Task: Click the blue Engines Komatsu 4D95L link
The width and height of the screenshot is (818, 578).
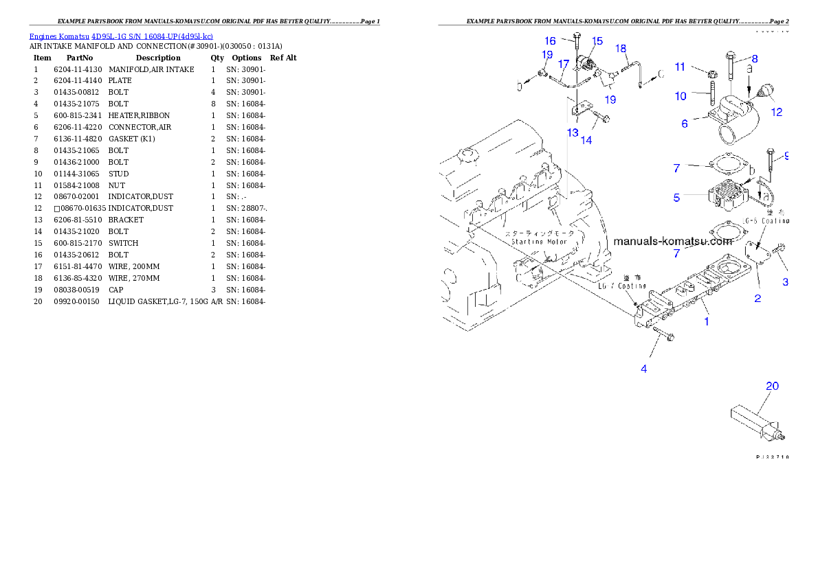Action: [x=121, y=36]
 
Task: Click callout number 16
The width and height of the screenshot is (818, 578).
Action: [x=551, y=41]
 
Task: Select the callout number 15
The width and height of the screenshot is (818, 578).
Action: [x=597, y=41]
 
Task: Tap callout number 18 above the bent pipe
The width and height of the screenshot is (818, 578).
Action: [x=621, y=49]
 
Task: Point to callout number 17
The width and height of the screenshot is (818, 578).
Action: [x=564, y=64]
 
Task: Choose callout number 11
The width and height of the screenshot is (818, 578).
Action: [x=680, y=67]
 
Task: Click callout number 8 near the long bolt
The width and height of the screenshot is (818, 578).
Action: [x=754, y=59]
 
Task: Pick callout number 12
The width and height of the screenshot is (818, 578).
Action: [x=776, y=113]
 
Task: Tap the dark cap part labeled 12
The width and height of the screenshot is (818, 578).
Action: [x=766, y=92]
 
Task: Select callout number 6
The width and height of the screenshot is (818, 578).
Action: [x=685, y=124]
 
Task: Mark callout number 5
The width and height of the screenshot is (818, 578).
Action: [x=677, y=198]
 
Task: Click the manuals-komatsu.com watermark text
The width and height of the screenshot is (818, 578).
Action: [x=673, y=241]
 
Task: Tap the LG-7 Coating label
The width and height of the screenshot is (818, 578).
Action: [x=622, y=286]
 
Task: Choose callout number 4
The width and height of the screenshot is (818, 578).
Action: [x=644, y=369]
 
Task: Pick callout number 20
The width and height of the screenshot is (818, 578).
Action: [x=772, y=386]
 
